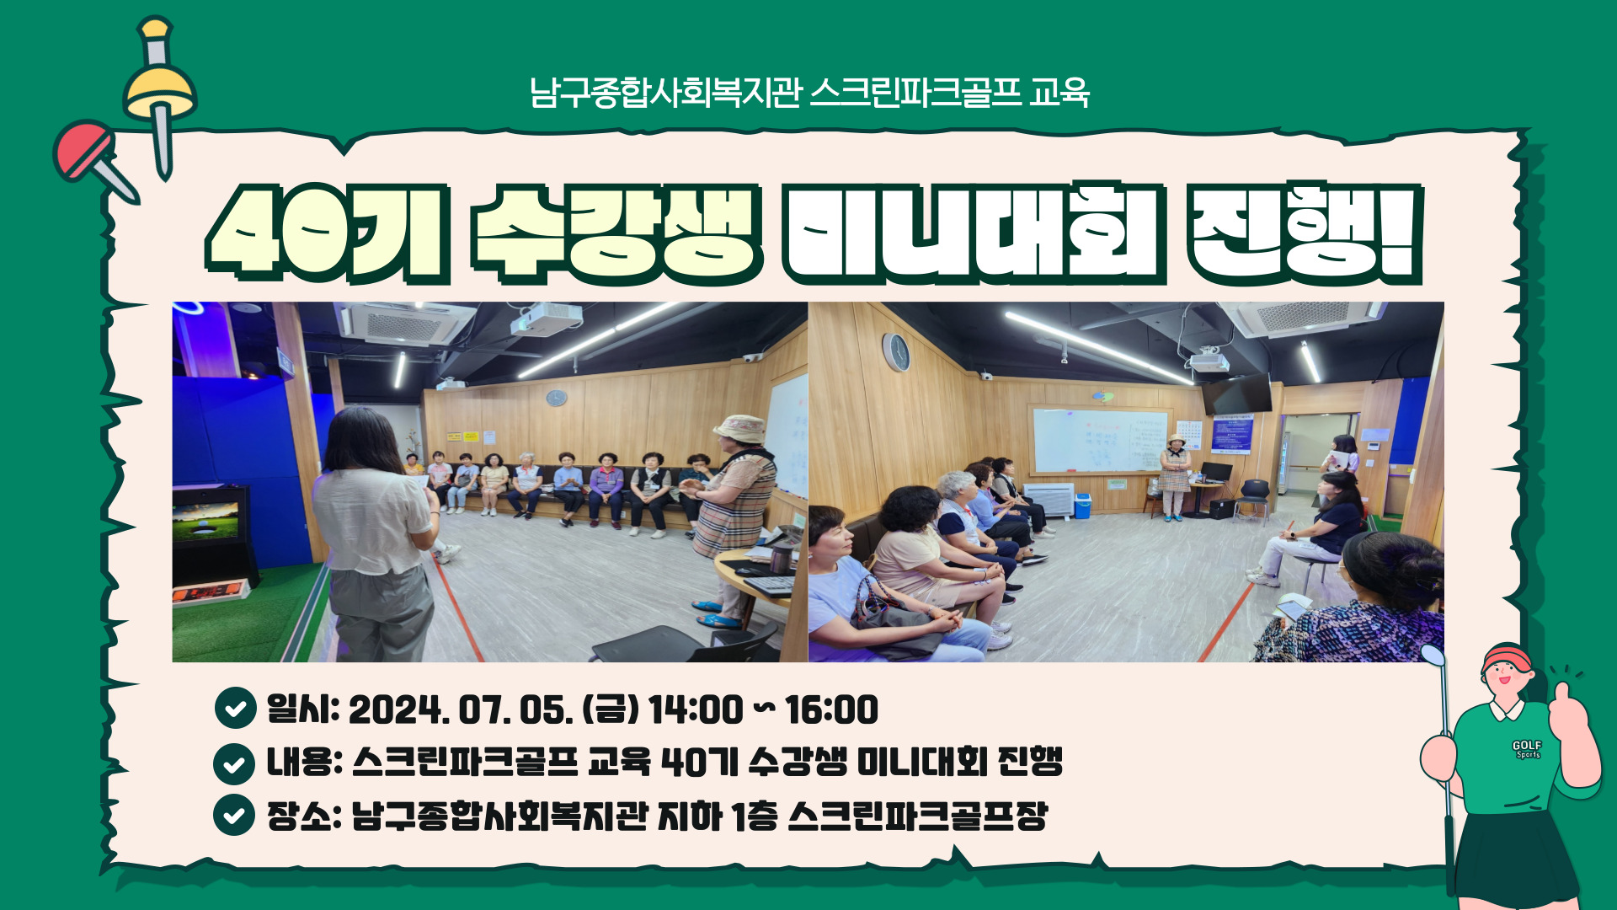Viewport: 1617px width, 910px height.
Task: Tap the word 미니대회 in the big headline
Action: pos(973,233)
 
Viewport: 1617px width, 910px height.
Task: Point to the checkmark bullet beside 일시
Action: pos(235,708)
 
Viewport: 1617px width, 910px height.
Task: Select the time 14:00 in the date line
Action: pos(696,709)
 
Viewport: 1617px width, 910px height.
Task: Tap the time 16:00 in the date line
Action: pos(831,709)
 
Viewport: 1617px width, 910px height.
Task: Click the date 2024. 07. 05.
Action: pos(461,709)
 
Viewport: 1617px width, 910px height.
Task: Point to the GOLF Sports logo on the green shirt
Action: pos(1526,749)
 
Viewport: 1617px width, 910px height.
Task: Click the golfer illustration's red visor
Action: pos(1508,658)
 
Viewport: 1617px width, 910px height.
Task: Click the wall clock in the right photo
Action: pos(896,351)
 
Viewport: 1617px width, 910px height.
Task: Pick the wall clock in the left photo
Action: pos(556,398)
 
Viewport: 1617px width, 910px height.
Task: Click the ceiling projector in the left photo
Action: pos(547,318)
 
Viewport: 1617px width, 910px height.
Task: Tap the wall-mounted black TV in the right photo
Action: pos(1236,393)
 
